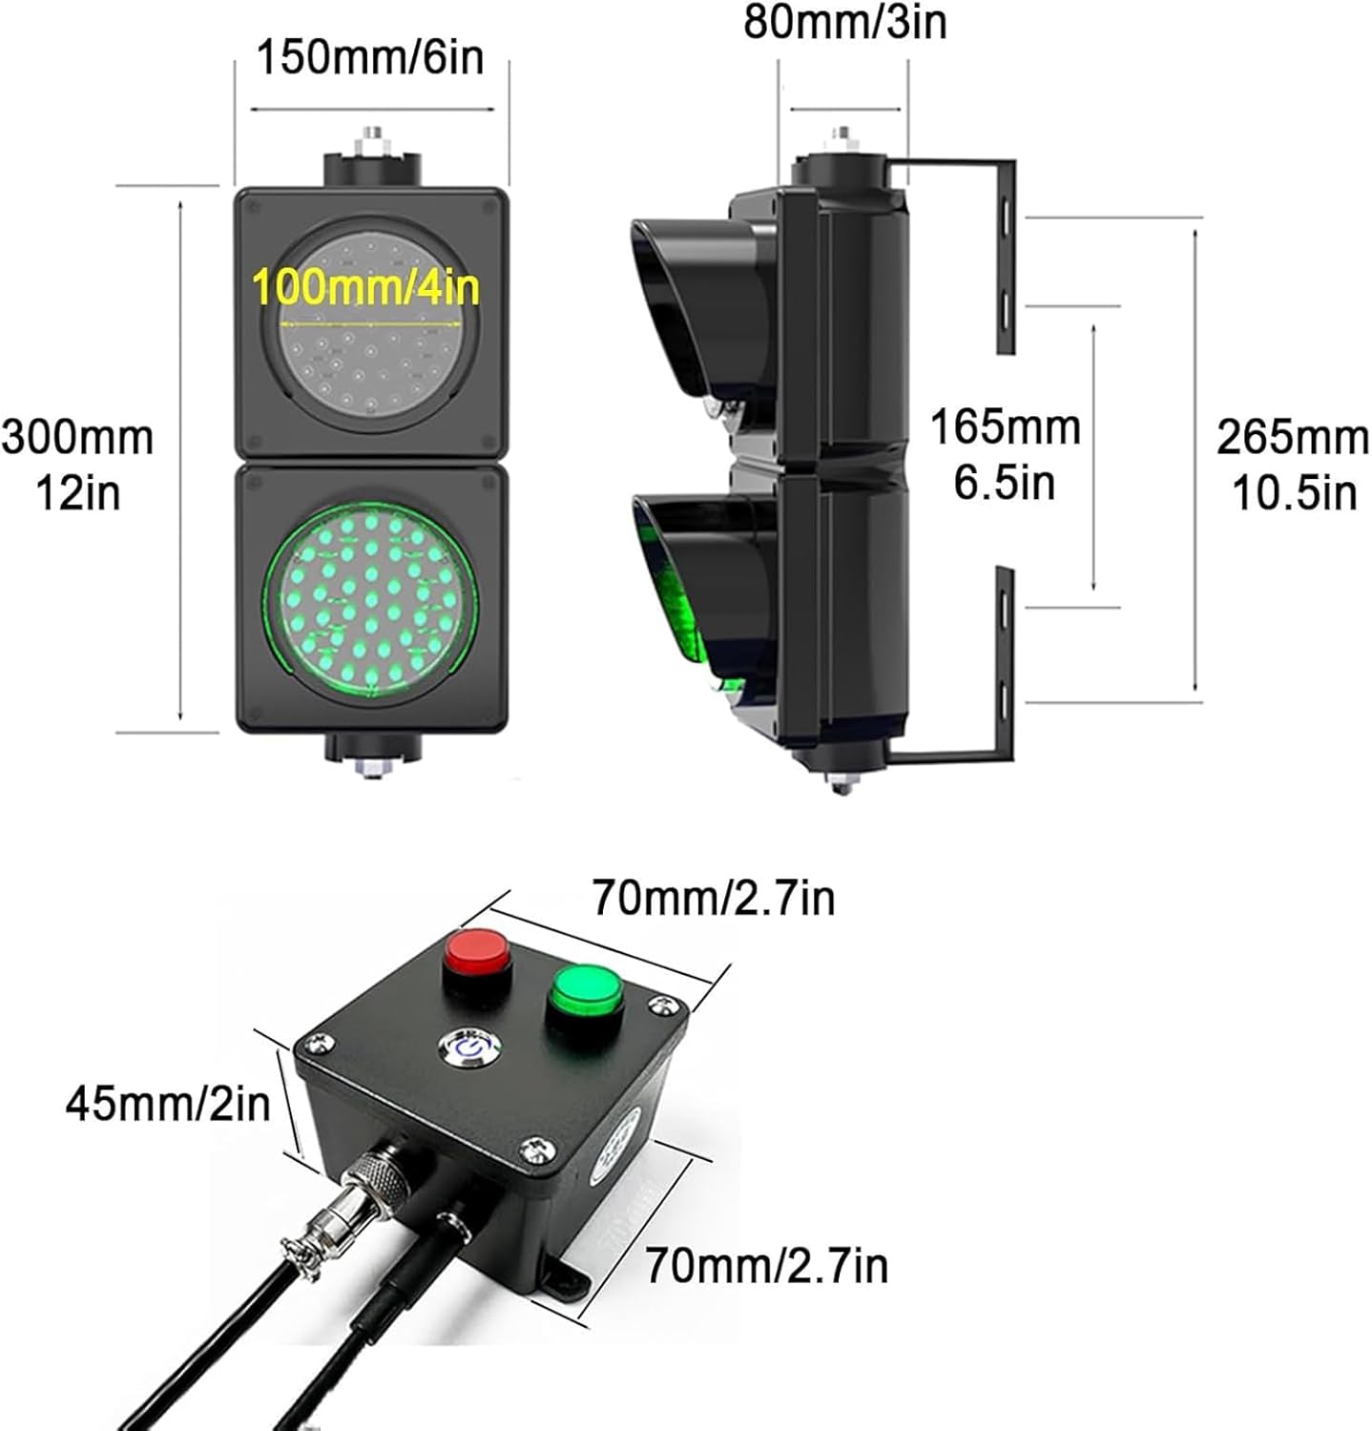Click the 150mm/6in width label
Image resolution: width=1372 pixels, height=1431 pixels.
pyautogui.click(x=370, y=58)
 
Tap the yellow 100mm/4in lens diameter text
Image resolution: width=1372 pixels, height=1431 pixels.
pyautogui.click(x=366, y=287)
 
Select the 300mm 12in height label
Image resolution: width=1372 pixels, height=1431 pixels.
pyautogui.click(x=78, y=465)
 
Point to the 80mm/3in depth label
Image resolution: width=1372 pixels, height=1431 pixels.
pyautogui.click(x=845, y=23)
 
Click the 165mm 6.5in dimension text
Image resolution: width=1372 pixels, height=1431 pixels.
pyautogui.click(x=1005, y=454)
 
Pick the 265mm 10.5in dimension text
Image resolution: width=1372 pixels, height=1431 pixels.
pyautogui.click(x=1293, y=466)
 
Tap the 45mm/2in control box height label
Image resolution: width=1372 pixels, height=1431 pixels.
pyautogui.click(x=168, y=1104)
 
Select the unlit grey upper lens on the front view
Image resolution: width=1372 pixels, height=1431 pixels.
pyautogui.click(x=371, y=324)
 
